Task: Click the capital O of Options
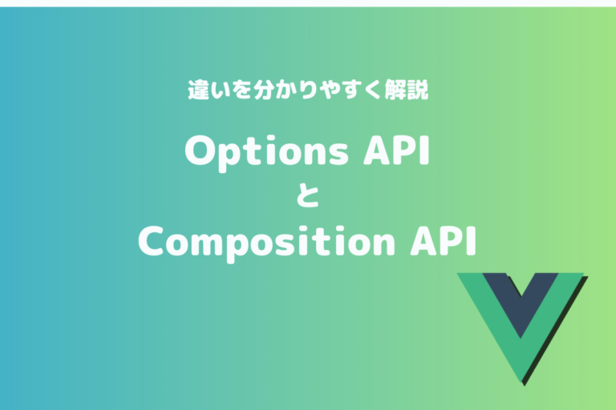199,151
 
